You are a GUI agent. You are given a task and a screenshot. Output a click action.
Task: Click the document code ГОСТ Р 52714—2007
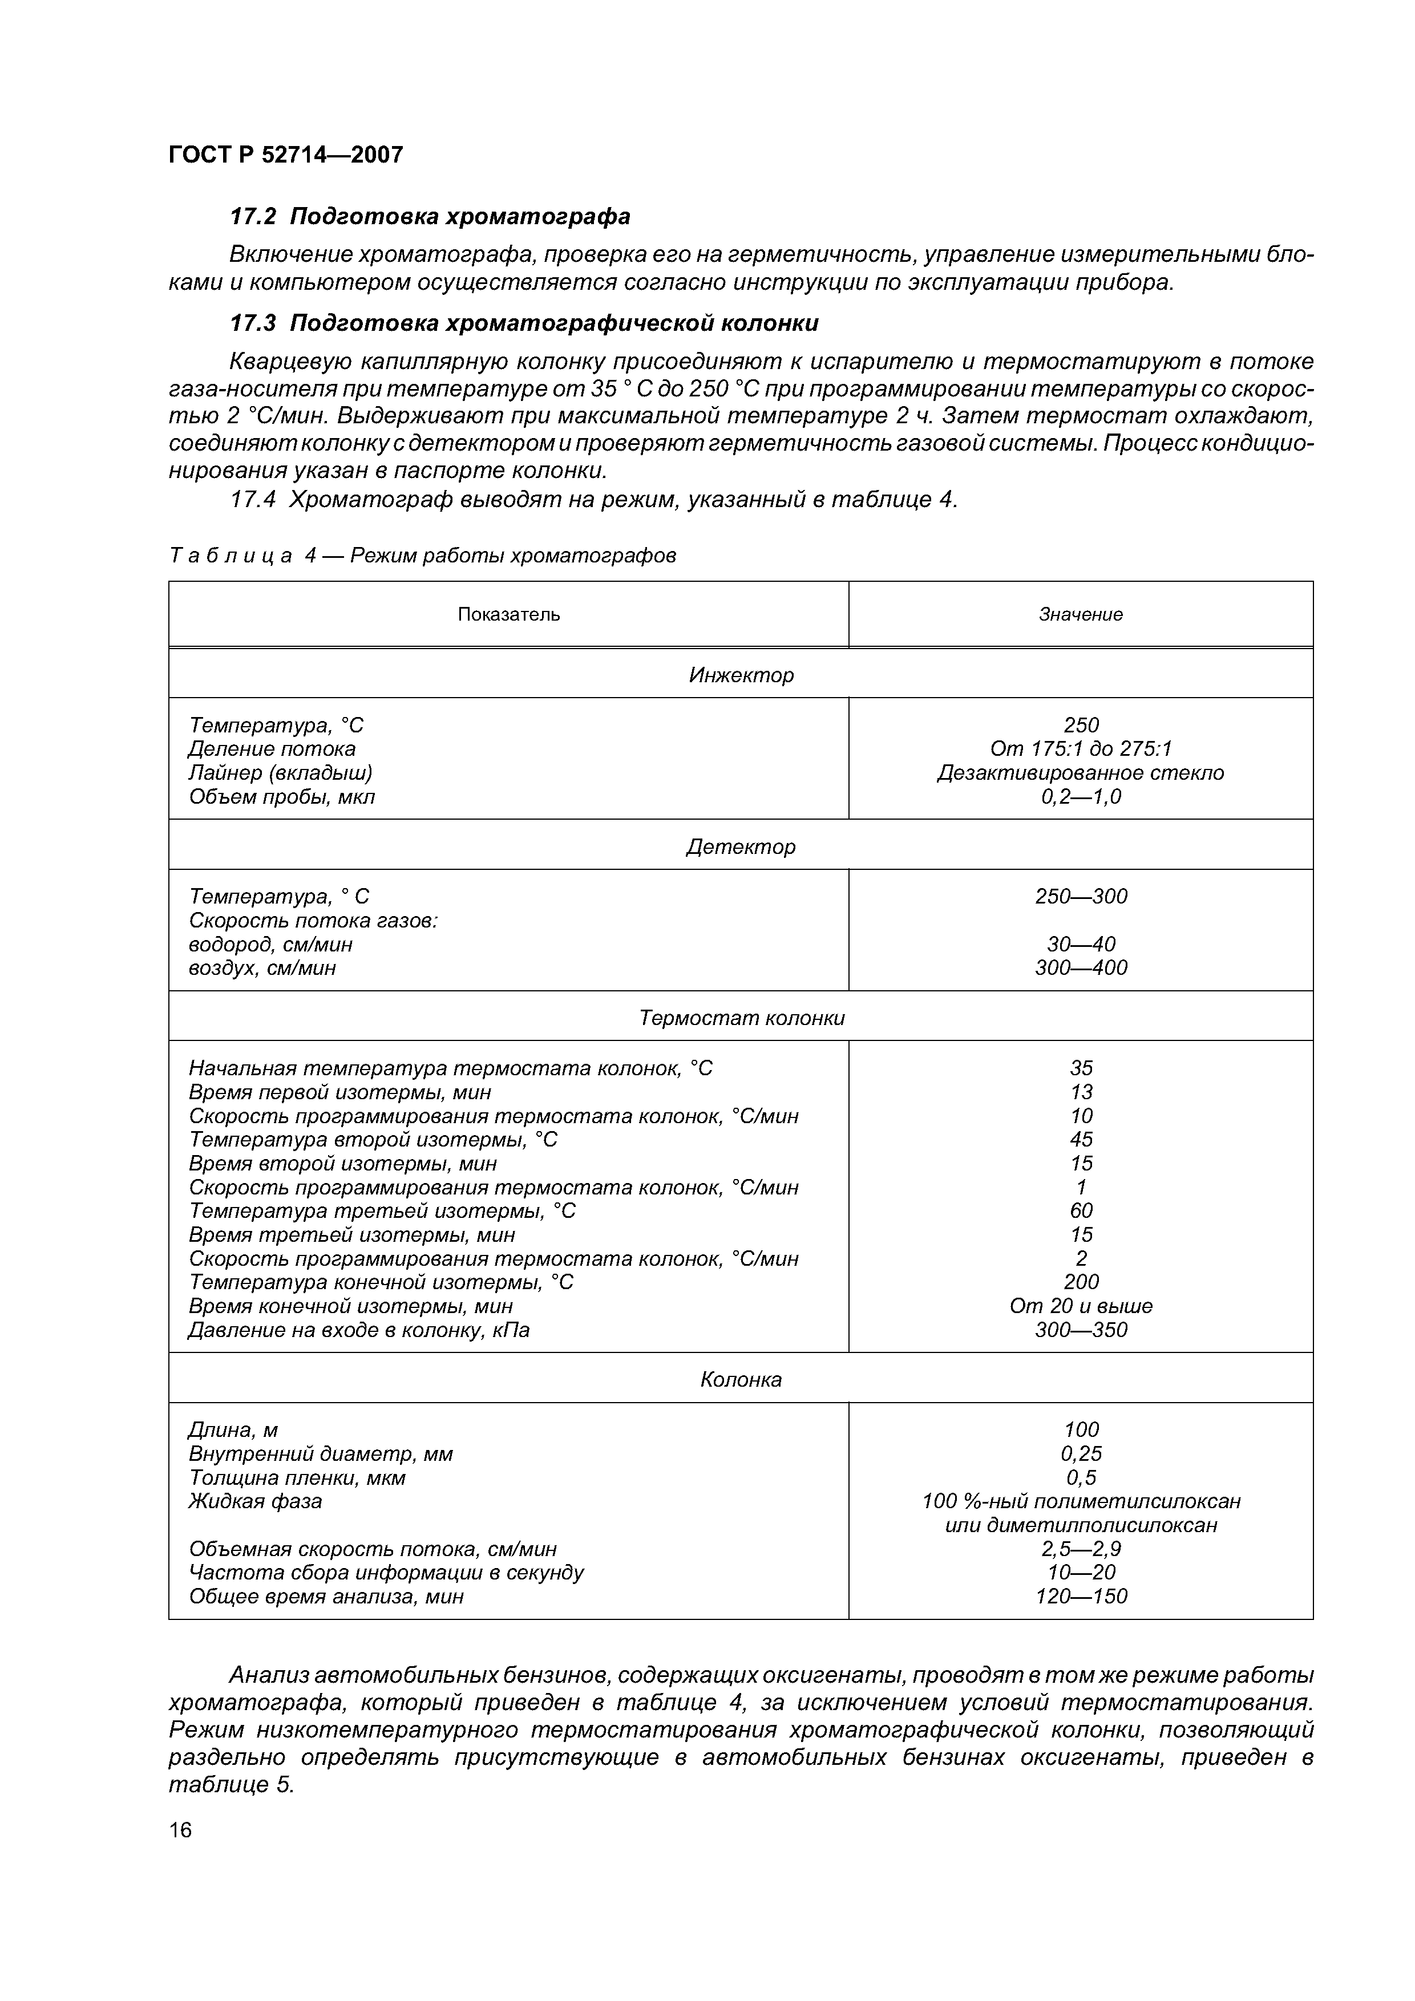click(286, 155)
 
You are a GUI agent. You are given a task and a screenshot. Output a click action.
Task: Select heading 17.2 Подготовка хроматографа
click(429, 216)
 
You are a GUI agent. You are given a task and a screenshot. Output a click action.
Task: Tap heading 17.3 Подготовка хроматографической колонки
click(523, 323)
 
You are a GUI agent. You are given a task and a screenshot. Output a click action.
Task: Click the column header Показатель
click(508, 614)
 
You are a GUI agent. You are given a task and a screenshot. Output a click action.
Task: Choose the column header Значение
click(1080, 614)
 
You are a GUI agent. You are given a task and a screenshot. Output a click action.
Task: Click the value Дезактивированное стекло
click(1080, 773)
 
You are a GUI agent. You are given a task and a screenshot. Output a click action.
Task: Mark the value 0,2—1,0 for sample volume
click(1080, 796)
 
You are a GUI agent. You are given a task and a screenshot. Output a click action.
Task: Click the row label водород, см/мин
click(270, 945)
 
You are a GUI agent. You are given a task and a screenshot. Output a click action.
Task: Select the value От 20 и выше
click(1080, 1306)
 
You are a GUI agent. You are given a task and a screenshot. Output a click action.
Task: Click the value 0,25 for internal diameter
click(1080, 1453)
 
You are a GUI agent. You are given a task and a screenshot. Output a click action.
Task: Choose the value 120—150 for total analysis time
click(1080, 1597)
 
